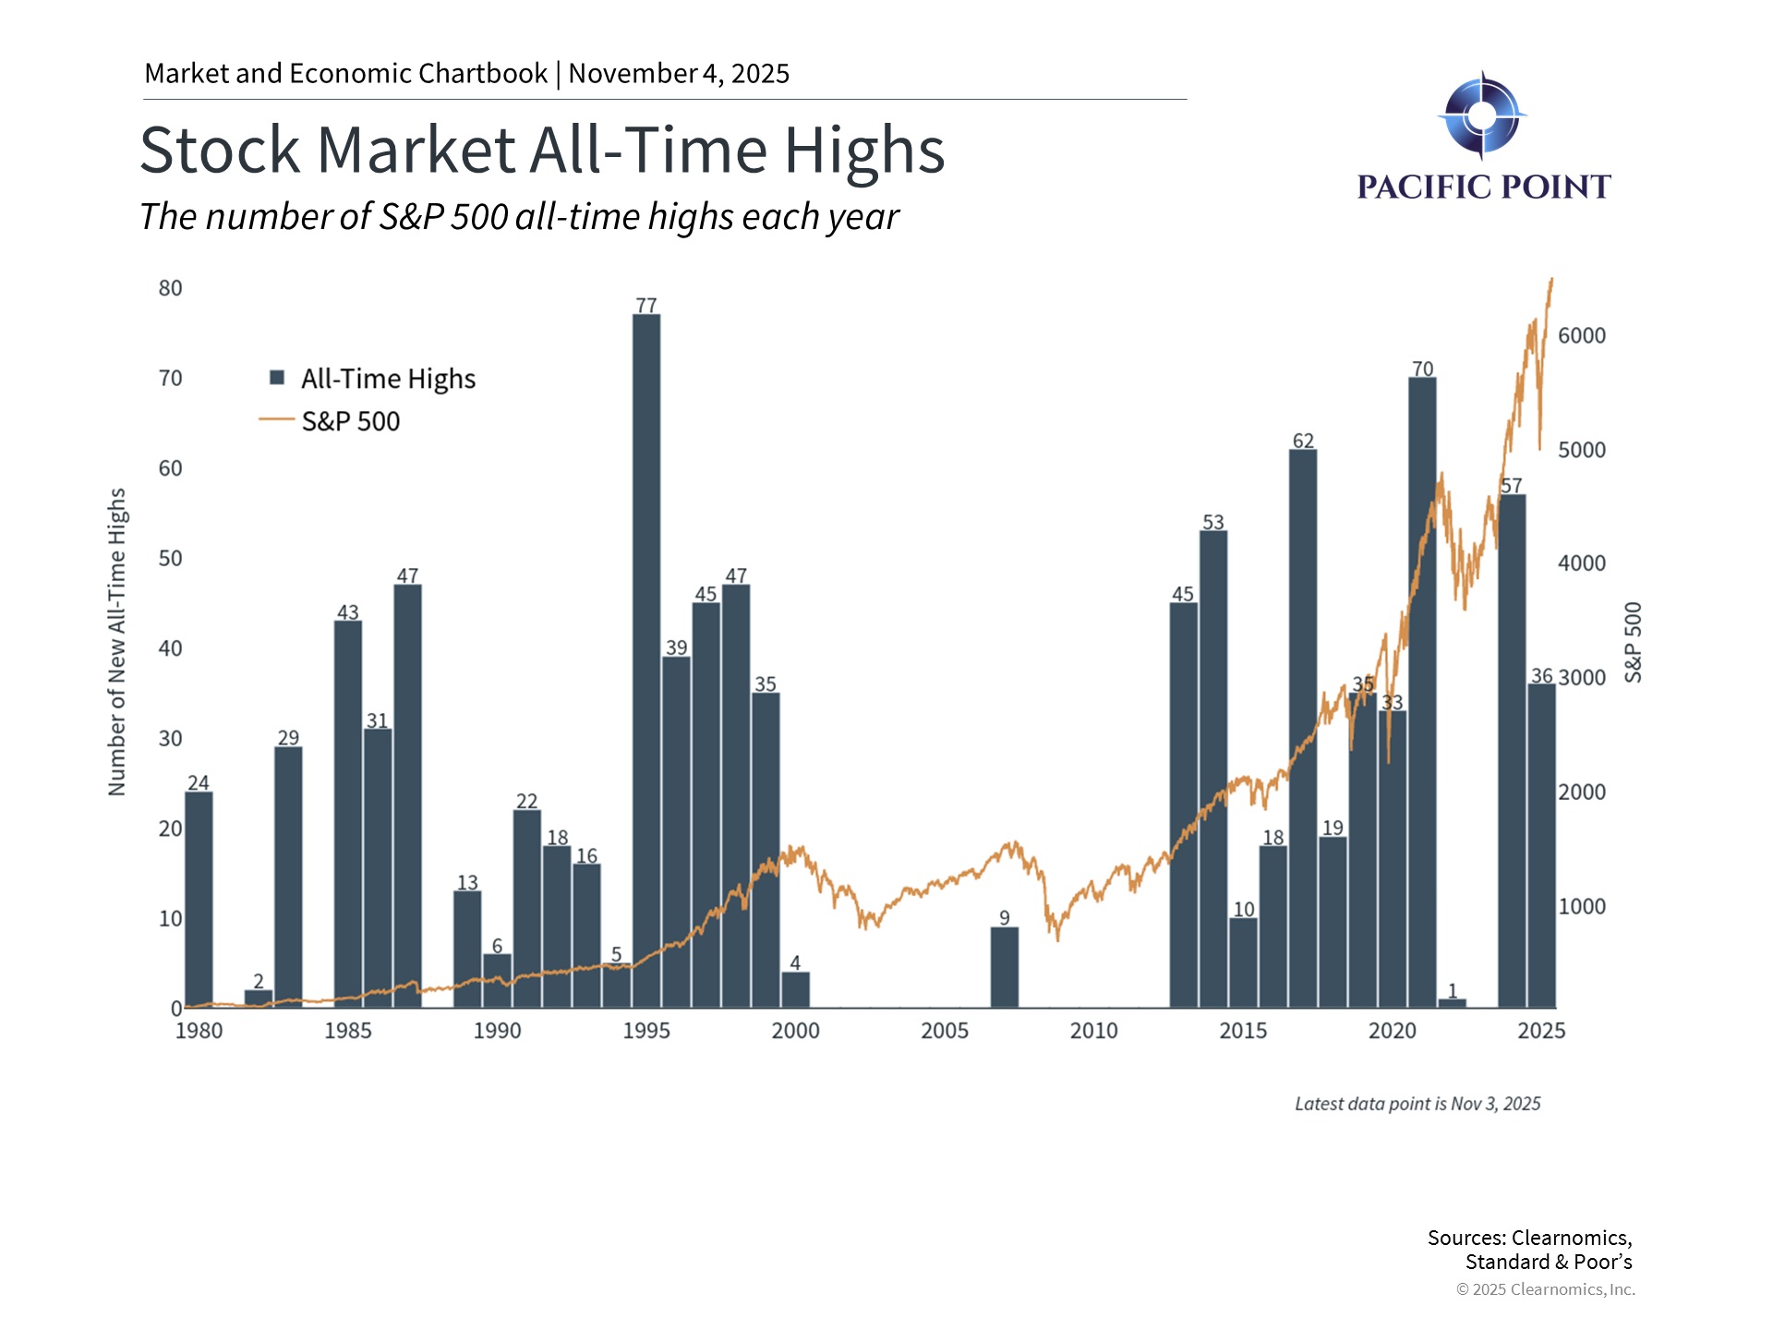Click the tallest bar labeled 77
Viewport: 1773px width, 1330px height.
coord(646,660)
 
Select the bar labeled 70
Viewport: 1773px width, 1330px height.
coord(1422,693)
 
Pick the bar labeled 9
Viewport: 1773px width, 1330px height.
coord(1005,967)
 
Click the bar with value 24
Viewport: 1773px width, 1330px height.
coord(199,900)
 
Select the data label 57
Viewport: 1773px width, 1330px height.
coord(1511,486)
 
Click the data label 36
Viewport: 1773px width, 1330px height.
coord(1541,676)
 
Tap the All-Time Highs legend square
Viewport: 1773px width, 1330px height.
coord(277,378)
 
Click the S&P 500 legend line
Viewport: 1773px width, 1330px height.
coord(276,420)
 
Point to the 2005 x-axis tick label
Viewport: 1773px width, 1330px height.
coord(945,1031)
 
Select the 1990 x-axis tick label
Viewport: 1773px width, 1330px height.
coord(497,1031)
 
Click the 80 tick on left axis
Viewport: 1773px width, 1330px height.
coord(171,288)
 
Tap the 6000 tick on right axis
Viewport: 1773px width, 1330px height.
coord(1582,336)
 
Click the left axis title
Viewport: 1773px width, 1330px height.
coord(117,642)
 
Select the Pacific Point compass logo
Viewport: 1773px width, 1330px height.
coord(1481,115)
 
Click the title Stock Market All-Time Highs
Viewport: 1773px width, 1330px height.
coord(542,150)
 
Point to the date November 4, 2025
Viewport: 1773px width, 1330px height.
coord(679,74)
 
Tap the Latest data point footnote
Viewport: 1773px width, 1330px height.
coord(1417,1104)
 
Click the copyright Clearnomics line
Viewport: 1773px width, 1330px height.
coord(1545,1289)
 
